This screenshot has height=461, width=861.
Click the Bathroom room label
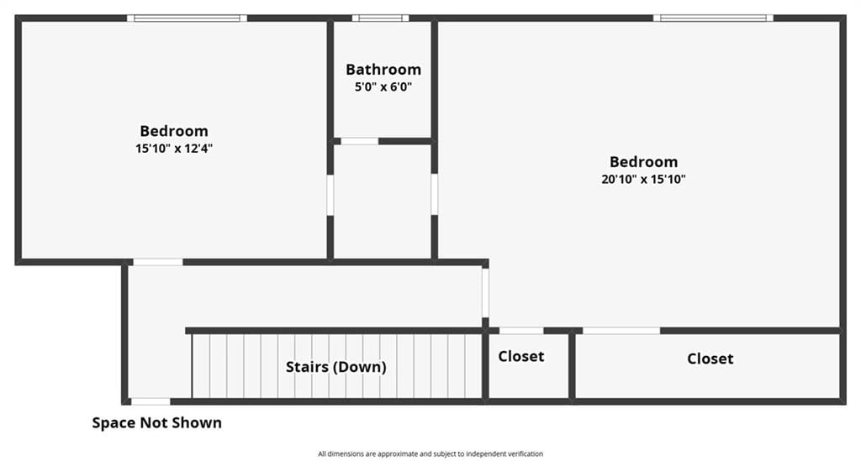click(x=383, y=70)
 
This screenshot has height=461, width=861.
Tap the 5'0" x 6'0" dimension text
click(x=383, y=86)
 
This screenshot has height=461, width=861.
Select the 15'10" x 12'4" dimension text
click(x=174, y=148)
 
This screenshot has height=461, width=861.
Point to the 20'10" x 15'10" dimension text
click(x=643, y=179)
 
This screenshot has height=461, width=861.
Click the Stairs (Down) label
click(x=336, y=367)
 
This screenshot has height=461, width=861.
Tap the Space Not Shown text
click(x=157, y=422)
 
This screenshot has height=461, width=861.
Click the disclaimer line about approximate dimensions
click(x=430, y=454)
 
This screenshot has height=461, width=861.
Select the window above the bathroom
click(x=381, y=18)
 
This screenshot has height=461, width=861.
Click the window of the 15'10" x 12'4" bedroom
click(x=187, y=18)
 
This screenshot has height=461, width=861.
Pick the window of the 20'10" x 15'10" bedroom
click(x=713, y=18)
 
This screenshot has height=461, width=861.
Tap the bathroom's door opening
click(x=360, y=141)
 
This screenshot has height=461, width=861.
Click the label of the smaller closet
click(x=521, y=356)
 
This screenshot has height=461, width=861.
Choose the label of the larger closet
click(x=710, y=359)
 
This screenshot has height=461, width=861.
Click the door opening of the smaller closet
click(x=521, y=331)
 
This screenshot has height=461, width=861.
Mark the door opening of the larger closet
click(x=621, y=331)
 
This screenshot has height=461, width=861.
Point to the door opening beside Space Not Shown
click(x=151, y=401)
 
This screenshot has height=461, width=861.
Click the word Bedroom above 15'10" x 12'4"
click(x=174, y=131)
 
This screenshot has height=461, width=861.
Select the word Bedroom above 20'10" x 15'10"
click(x=643, y=162)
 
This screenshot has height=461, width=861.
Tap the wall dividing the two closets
click(x=572, y=366)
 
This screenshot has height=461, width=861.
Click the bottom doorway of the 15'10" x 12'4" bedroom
click(x=158, y=262)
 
